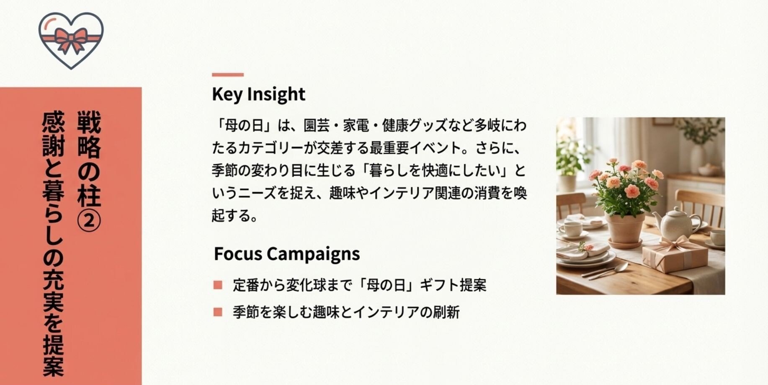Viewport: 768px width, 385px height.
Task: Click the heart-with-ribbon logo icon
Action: point(71,40)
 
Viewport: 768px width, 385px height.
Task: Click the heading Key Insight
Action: point(258,94)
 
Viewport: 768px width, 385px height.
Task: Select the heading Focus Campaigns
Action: point(287,254)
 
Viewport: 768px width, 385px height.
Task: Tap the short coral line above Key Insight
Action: point(228,75)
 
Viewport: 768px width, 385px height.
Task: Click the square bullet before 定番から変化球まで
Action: point(218,285)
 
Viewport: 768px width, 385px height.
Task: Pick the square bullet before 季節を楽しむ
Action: point(218,312)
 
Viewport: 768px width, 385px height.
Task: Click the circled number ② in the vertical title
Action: point(89,221)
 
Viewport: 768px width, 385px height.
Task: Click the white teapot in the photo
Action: point(675,224)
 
